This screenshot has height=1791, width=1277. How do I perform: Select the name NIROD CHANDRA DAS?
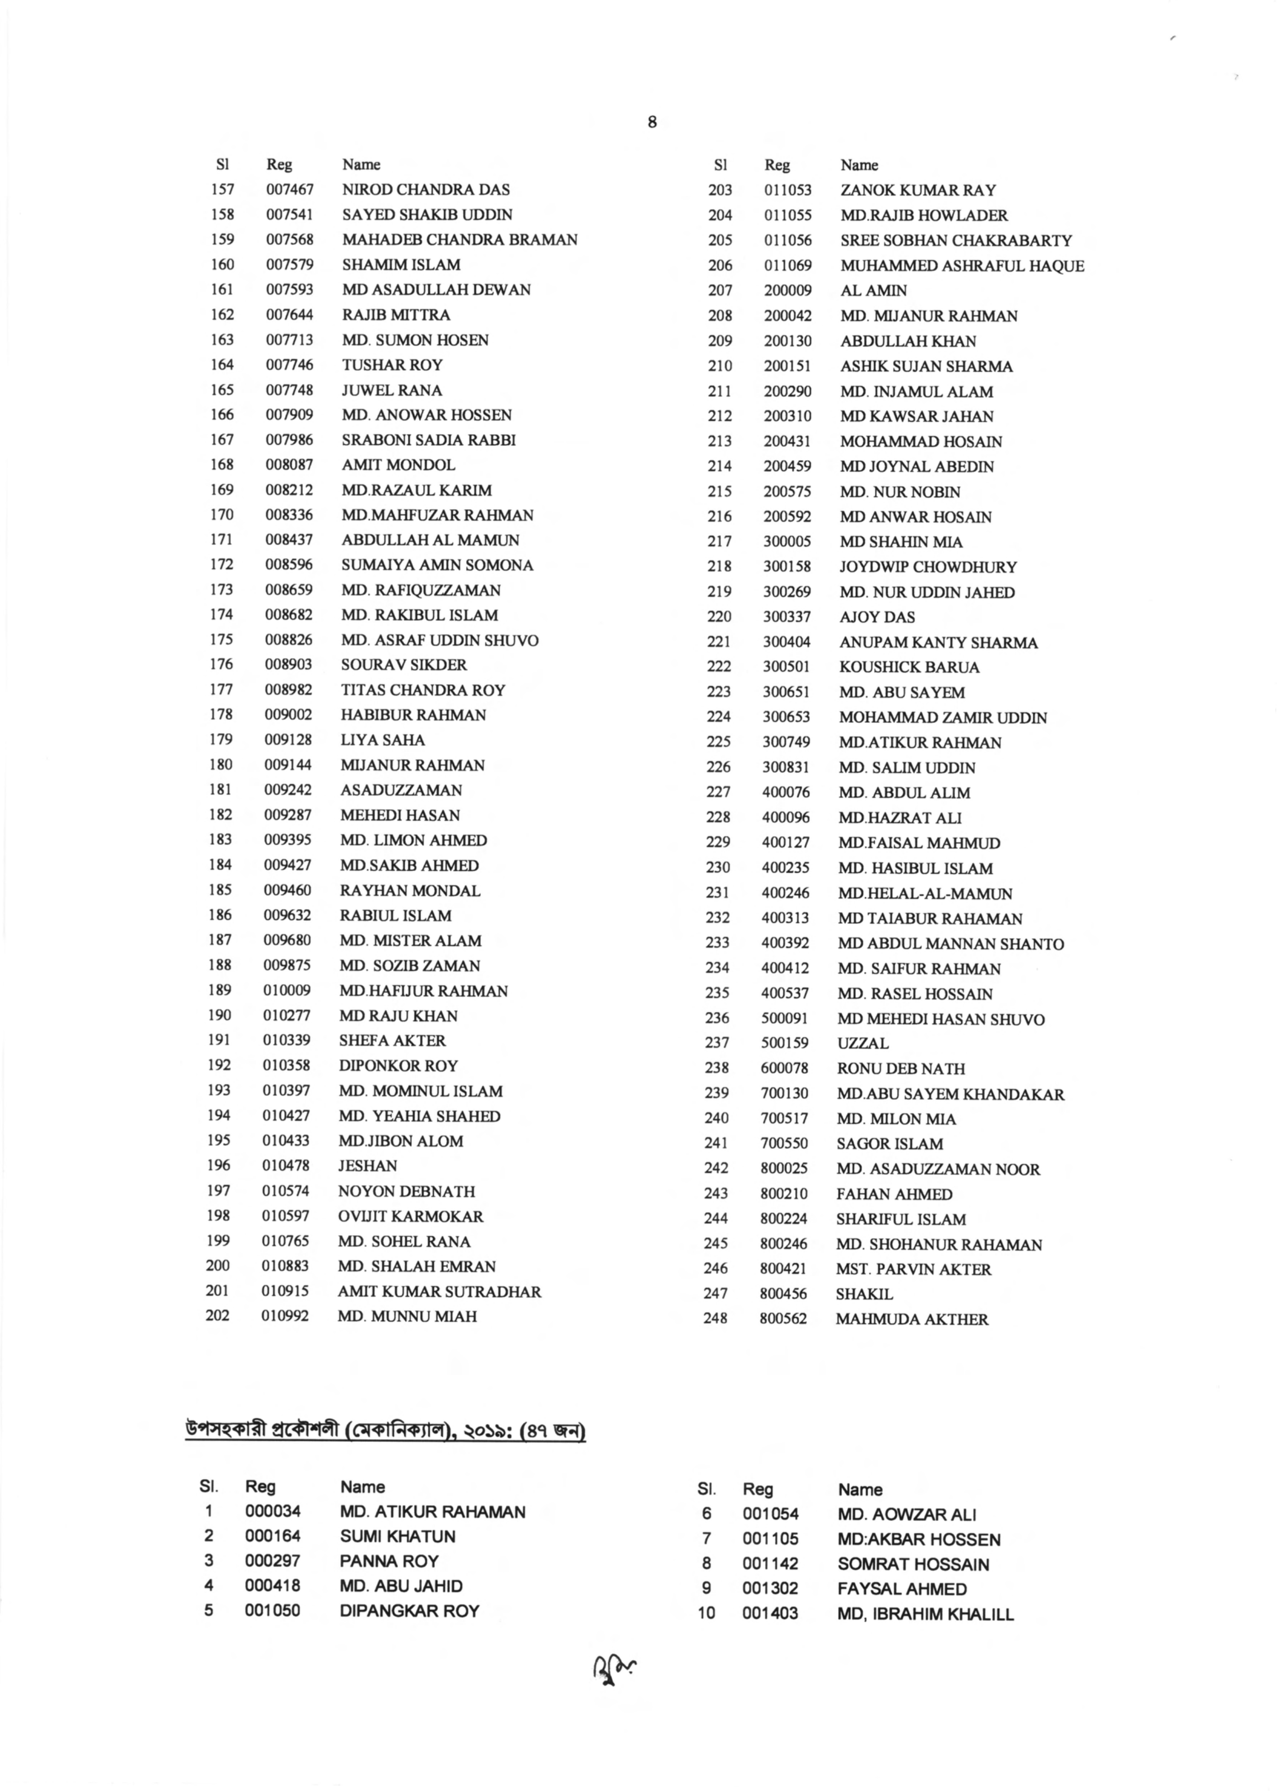pyautogui.click(x=425, y=190)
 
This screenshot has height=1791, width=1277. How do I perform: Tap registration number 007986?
pyautogui.click(x=289, y=440)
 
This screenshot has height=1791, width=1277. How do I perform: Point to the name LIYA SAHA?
pyautogui.click(x=382, y=740)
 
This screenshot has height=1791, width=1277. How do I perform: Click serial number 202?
pyautogui.click(x=218, y=1316)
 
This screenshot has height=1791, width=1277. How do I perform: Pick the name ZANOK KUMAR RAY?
pyautogui.click(x=918, y=190)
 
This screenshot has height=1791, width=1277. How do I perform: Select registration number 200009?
pyautogui.click(x=788, y=291)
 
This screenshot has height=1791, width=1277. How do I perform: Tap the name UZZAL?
pyautogui.click(x=863, y=1044)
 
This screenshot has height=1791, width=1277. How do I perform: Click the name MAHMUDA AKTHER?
pyautogui.click(x=911, y=1319)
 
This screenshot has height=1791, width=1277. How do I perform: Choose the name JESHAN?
pyautogui.click(x=367, y=1166)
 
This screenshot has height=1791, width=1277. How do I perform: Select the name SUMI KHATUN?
pyautogui.click(x=397, y=1536)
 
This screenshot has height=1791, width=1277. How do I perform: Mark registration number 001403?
pyautogui.click(x=770, y=1613)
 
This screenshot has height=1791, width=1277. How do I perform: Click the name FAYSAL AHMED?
pyautogui.click(x=902, y=1589)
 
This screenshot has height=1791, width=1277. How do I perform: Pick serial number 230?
pyautogui.click(x=718, y=868)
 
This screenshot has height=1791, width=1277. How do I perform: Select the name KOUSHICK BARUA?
pyautogui.click(x=909, y=667)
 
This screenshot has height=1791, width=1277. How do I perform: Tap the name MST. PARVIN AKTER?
pyautogui.click(x=913, y=1268)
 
